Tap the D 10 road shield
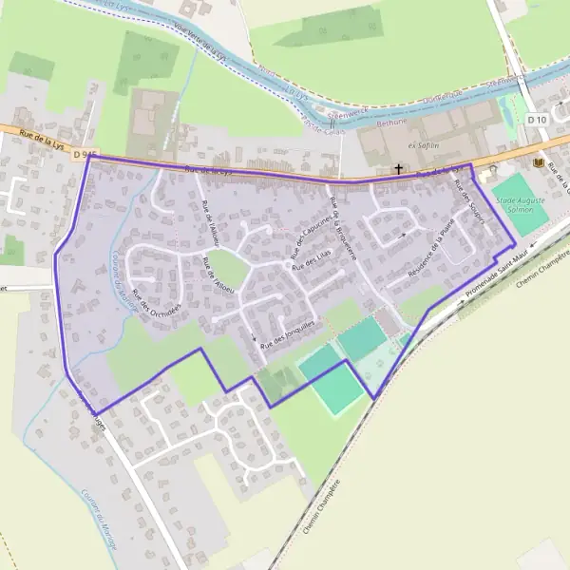(x=539, y=120)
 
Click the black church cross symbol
(x=398, y=169)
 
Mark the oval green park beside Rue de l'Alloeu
(x=226, y=268)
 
